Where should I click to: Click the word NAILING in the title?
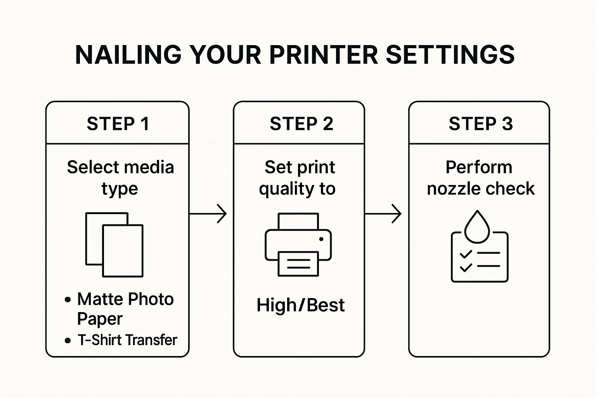(128, 54)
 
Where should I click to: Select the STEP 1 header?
(118, 124)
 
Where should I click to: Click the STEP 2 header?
(301, 124)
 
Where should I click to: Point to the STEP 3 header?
(480, 124)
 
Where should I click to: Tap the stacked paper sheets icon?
(114, 244)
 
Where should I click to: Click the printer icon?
(298, 244)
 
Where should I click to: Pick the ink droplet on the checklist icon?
(477, 227)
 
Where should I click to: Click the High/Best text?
(300, 305)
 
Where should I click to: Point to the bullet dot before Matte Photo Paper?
(68, 300)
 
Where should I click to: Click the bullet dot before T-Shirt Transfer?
(68, 341)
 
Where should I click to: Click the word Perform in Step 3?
(478, 168)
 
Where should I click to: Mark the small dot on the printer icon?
(321, 239)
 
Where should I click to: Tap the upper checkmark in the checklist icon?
(466, 254)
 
